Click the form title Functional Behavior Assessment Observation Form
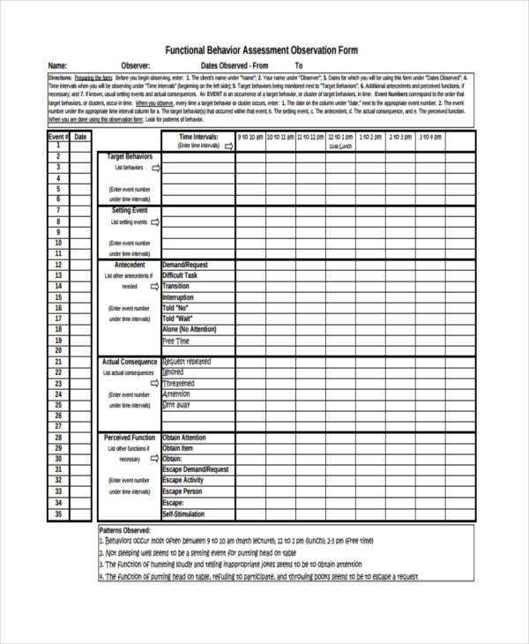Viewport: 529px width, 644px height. pyautogui.click(x=264, y=50)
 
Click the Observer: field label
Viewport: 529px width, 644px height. pyautogui.click(x=131, y=66)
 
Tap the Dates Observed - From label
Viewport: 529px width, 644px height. pyautogui.click(x=234, y=66)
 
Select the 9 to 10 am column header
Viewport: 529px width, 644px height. pyautogui.click(x=250, y=138)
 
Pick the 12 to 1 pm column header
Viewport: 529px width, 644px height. pyautogui.click(x=340, y=138)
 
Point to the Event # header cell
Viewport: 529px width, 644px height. pyautogui.click(x=58, y=138)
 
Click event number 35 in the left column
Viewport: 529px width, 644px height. pyautogui.click(x=58, y=513)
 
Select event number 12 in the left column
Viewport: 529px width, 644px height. pyautogui.click(x=58, y=264)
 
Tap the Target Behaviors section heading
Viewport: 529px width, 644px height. pyautogui.click(x=130, y=156)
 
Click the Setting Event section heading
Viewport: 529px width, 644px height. pyautogui.click(x=130, y=211)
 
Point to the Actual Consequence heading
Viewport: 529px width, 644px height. pyautogui.click(x=130, y=362)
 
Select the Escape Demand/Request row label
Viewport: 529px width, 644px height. pyautogui.click(x=196, y=469)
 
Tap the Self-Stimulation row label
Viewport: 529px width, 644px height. pyautogui.click(x=183, y=513)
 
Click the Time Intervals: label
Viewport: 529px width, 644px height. pyautogui.click(x=197, y=138)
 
